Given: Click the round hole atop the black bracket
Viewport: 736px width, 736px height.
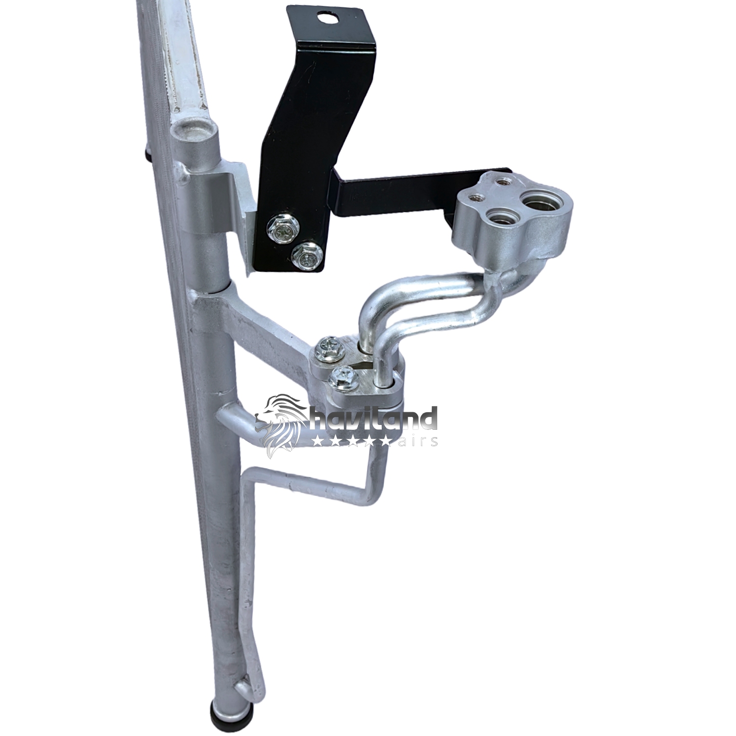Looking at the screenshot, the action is click(325, 19).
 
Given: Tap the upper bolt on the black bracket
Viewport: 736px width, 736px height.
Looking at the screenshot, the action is click(279, 229).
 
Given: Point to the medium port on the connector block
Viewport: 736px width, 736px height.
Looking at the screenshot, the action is click(499, 217).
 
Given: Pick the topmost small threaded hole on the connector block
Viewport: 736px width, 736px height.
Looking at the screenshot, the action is click(501, 182).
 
